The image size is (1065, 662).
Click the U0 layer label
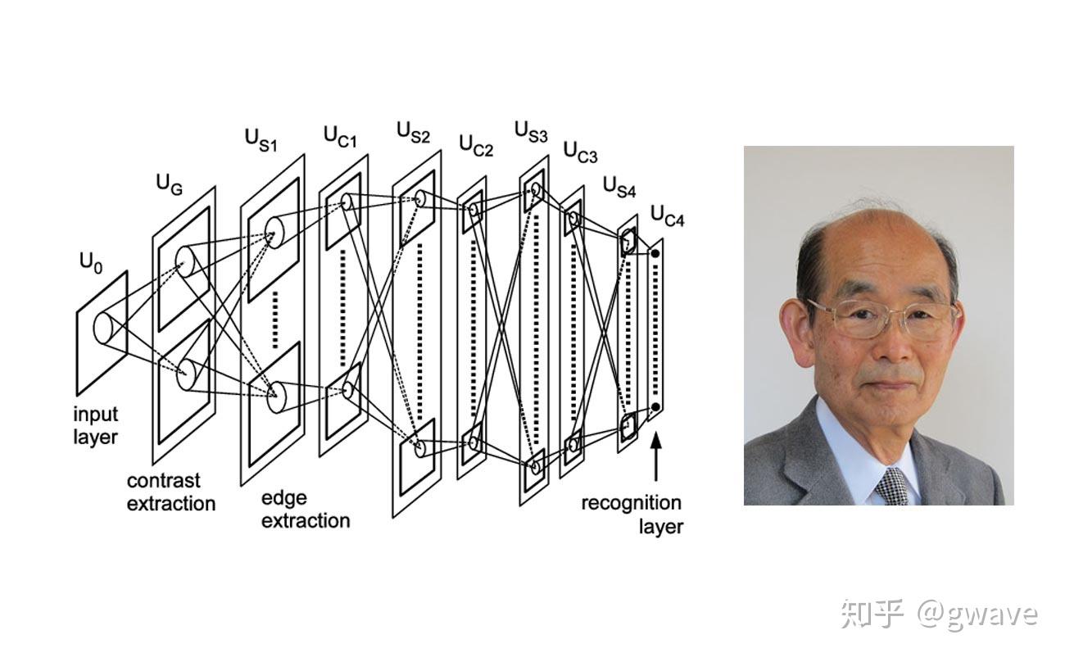[x=91, y=263]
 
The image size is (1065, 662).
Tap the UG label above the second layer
[x=170, y=185]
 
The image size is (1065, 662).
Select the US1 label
[x=261, y=140]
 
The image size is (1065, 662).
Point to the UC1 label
[x=340, y=137]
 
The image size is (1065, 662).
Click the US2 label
[x=413, y=132]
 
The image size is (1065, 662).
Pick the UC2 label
[x=476, y=146]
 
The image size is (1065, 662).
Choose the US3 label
[x=531, y=132]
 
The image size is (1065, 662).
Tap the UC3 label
[x=580, y=152]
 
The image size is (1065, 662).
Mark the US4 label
[x=619, y=187]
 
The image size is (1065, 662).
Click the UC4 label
[x=668, y=215]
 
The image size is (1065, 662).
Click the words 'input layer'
[x=96, y=426]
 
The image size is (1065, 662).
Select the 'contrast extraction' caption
[x=171, y=492]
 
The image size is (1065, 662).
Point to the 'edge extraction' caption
[x=306, y=510]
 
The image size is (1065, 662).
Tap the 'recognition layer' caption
[x=632, y=515]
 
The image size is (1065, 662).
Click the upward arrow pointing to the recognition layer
[x=656, y=456]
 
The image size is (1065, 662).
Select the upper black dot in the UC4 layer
[x=655, y=254]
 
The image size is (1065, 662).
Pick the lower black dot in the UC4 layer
[x=655, y=407]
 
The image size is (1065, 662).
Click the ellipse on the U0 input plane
[x=103, y=329]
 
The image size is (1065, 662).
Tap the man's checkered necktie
[x=892, y=487]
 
